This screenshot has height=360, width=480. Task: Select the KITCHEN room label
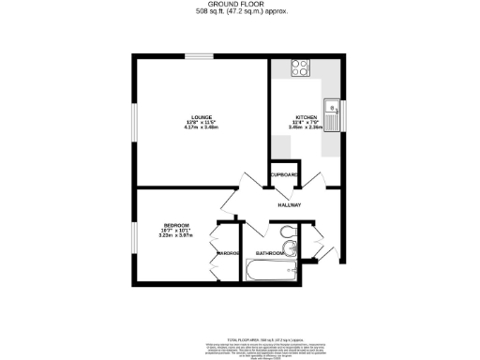pos(307,117)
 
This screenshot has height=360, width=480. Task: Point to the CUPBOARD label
pos(284,175)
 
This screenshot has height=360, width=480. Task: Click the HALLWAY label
pos(289,204)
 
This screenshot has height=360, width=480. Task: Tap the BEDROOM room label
pos(176,225)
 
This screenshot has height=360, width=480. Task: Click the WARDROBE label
pos(228,253)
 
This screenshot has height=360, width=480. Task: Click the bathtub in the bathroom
pos(272,273)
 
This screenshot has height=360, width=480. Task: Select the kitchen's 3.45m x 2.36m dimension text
pos(307,128)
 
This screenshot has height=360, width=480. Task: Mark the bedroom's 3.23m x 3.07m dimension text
pos(176,236)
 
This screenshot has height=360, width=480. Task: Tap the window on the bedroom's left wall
pos(133,234)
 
